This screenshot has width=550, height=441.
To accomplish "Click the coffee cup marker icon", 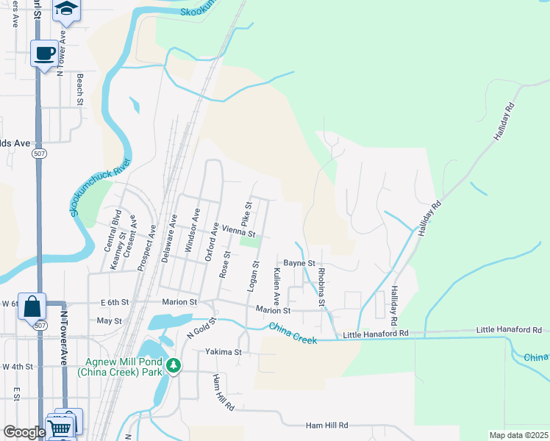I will [x=45, y=54].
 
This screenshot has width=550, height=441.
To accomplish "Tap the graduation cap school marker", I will [x=68, y=8].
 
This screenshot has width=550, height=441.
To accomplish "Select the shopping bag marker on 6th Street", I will [x=33, y=305].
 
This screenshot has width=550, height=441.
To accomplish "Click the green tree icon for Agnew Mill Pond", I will [x=173, y=365].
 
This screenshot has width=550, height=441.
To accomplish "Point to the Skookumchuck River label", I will [x=101, y=188].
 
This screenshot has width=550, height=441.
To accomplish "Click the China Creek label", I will [x=293, y=334].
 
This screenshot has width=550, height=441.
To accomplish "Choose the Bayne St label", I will [x=299, y=262].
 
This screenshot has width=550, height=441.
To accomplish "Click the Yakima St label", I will [x=224, y=352].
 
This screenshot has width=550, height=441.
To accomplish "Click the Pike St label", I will [x=247, y=214].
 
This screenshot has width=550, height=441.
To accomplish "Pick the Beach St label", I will [x=79, y=86].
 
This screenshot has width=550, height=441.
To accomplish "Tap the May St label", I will [x=109, y=321].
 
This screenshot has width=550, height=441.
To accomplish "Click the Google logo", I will [x=24, y=432].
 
